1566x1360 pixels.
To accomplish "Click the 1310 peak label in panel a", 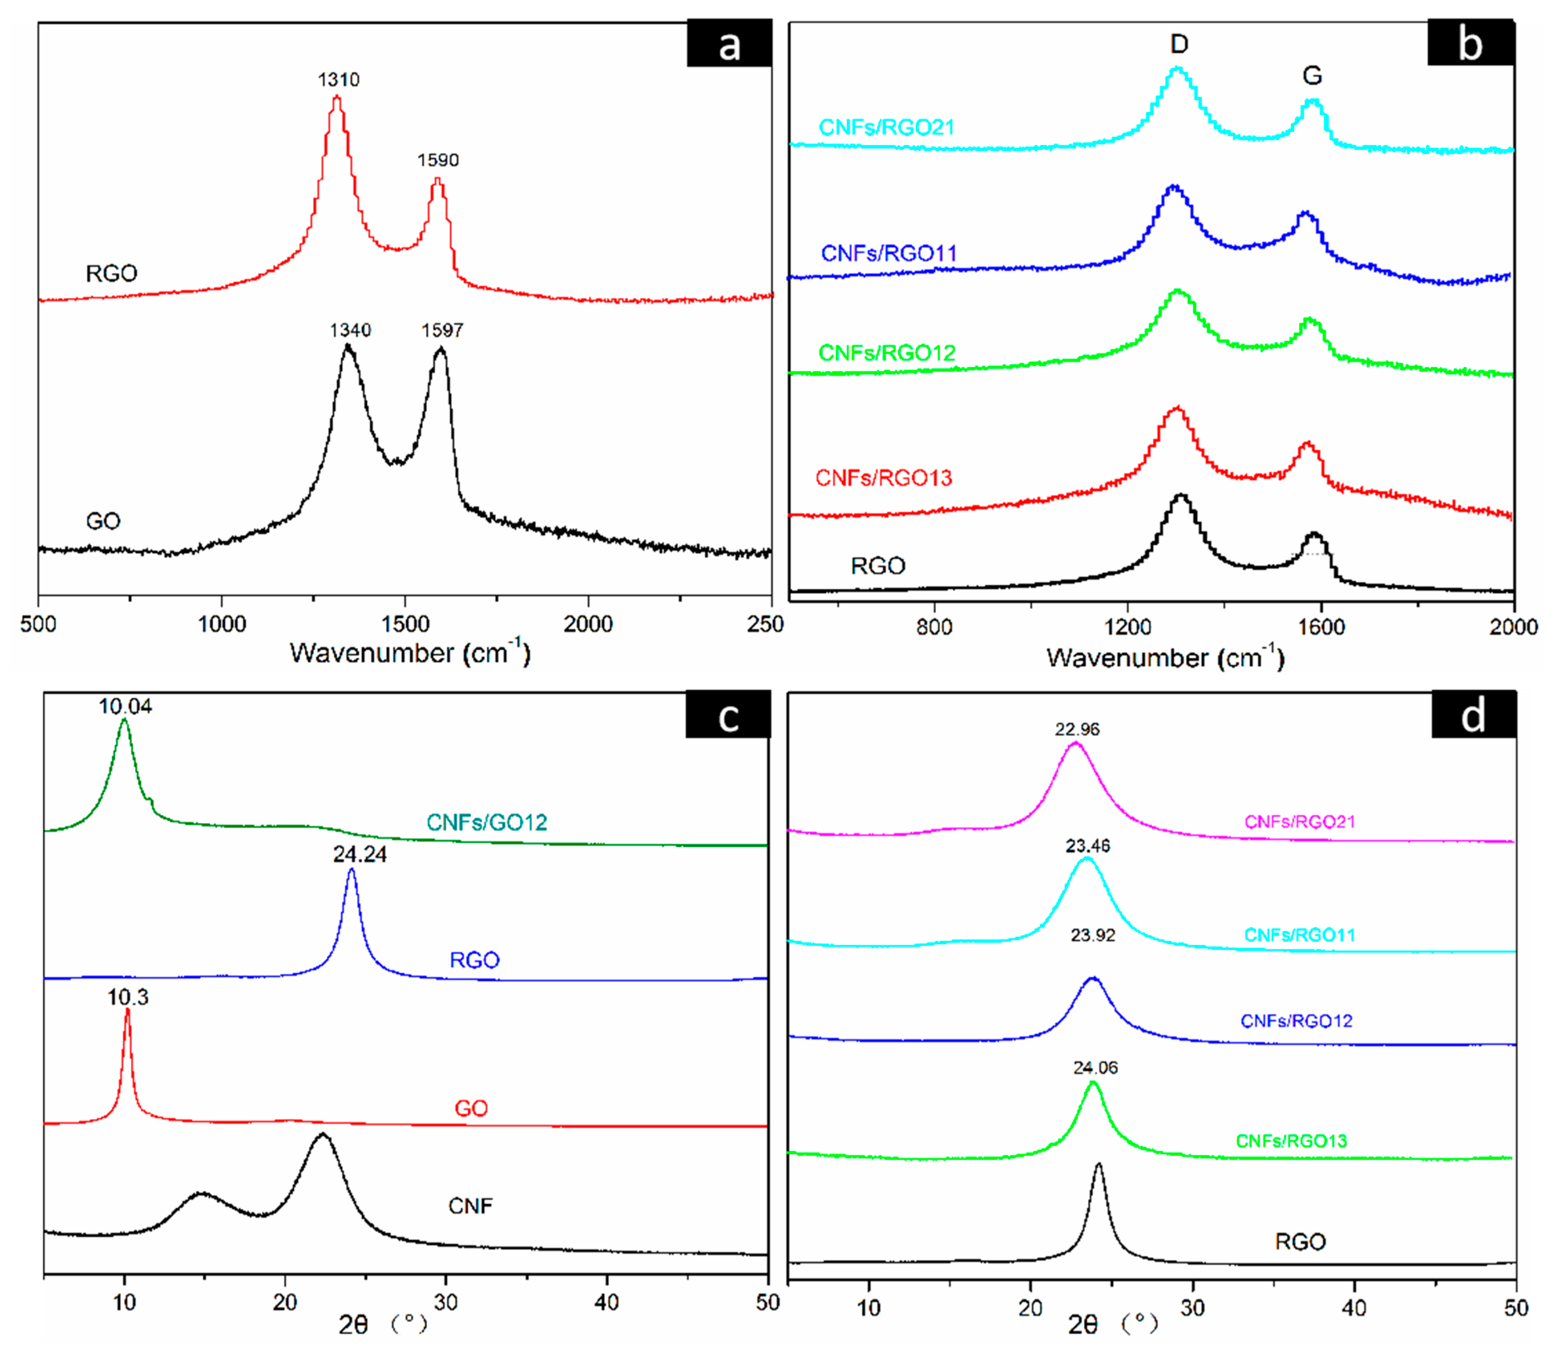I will click(x=338, y=80).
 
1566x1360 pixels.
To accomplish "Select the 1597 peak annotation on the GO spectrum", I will click(x=442, y=330).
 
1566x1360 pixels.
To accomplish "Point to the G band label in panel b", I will click(x=1312, y=75).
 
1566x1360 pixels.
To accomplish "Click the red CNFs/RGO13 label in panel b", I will click(x=883, y=477).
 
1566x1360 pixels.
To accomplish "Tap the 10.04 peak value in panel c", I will click(x=125, y=706).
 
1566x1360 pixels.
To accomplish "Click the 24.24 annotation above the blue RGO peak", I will click(x=360, y=854).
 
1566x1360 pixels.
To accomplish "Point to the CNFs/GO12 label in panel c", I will click(x=486, y=822).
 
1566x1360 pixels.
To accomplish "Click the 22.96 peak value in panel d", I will click(x=1077, y=729).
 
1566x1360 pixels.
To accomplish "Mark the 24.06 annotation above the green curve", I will click(x=1095, y=1068).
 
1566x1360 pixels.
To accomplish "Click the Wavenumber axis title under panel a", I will click(x=410, y=653).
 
